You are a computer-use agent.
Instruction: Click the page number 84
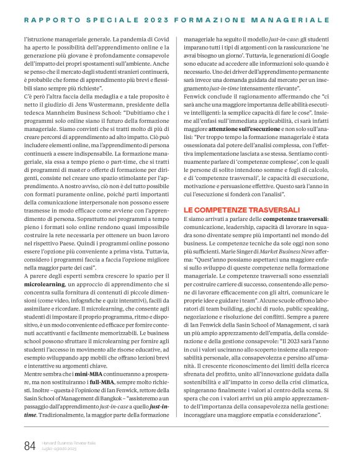pyautogui.click(x=29, y=445)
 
